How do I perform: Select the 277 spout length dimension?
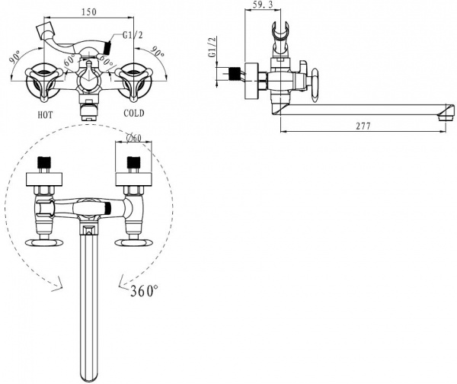(363, 126)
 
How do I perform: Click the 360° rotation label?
(145, 290)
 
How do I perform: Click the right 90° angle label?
(158, 53)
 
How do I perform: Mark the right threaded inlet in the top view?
(134, 164)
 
